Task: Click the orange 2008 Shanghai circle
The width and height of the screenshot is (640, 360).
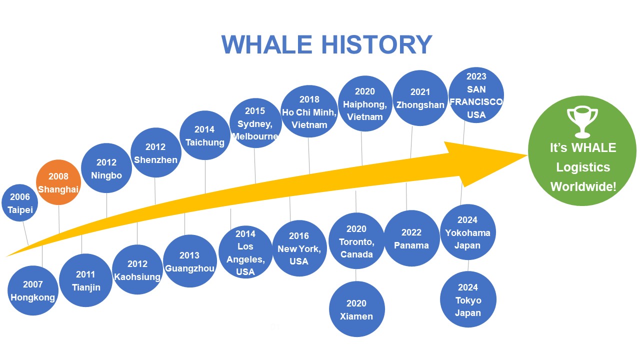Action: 58,182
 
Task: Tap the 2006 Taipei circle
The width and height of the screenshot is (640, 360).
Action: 19,203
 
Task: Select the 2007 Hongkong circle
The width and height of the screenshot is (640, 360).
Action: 33,290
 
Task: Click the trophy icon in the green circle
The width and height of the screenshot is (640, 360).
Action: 582,122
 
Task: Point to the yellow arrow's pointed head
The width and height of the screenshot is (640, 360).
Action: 526,155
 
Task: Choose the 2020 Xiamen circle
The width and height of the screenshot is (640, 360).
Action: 356,309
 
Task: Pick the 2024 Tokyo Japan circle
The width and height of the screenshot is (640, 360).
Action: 468,299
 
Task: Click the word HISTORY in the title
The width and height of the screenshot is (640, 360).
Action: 377,44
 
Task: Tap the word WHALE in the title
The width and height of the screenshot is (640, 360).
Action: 267,44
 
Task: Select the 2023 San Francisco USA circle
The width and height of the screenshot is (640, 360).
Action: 476,95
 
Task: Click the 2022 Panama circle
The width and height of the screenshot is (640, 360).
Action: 411,238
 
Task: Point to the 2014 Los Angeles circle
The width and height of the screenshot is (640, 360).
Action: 245,252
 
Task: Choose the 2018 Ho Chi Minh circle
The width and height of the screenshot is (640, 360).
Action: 309,111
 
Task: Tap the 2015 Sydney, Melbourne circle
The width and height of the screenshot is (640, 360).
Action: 255,123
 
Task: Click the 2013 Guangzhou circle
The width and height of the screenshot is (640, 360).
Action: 189,261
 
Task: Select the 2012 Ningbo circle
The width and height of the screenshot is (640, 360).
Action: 106,168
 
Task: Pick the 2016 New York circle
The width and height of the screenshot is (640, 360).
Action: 299,248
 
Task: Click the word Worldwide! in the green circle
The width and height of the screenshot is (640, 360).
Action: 583,187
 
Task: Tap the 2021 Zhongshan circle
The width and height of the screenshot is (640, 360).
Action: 420,98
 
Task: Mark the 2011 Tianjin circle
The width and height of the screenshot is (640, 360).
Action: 85,280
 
